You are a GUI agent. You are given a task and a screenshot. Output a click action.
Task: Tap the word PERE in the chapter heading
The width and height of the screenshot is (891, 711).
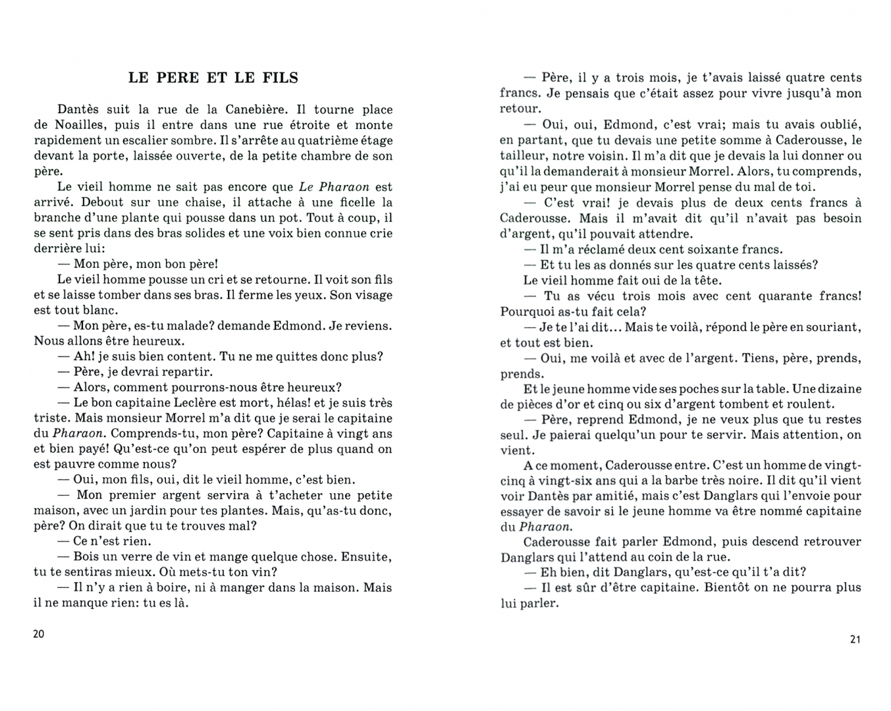[x=178, y=78]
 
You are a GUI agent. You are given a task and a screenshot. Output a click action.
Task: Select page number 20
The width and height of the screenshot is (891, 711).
[x=39, y=634]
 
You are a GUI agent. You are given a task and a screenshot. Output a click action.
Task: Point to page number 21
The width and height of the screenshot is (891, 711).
[x=855, y=639]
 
